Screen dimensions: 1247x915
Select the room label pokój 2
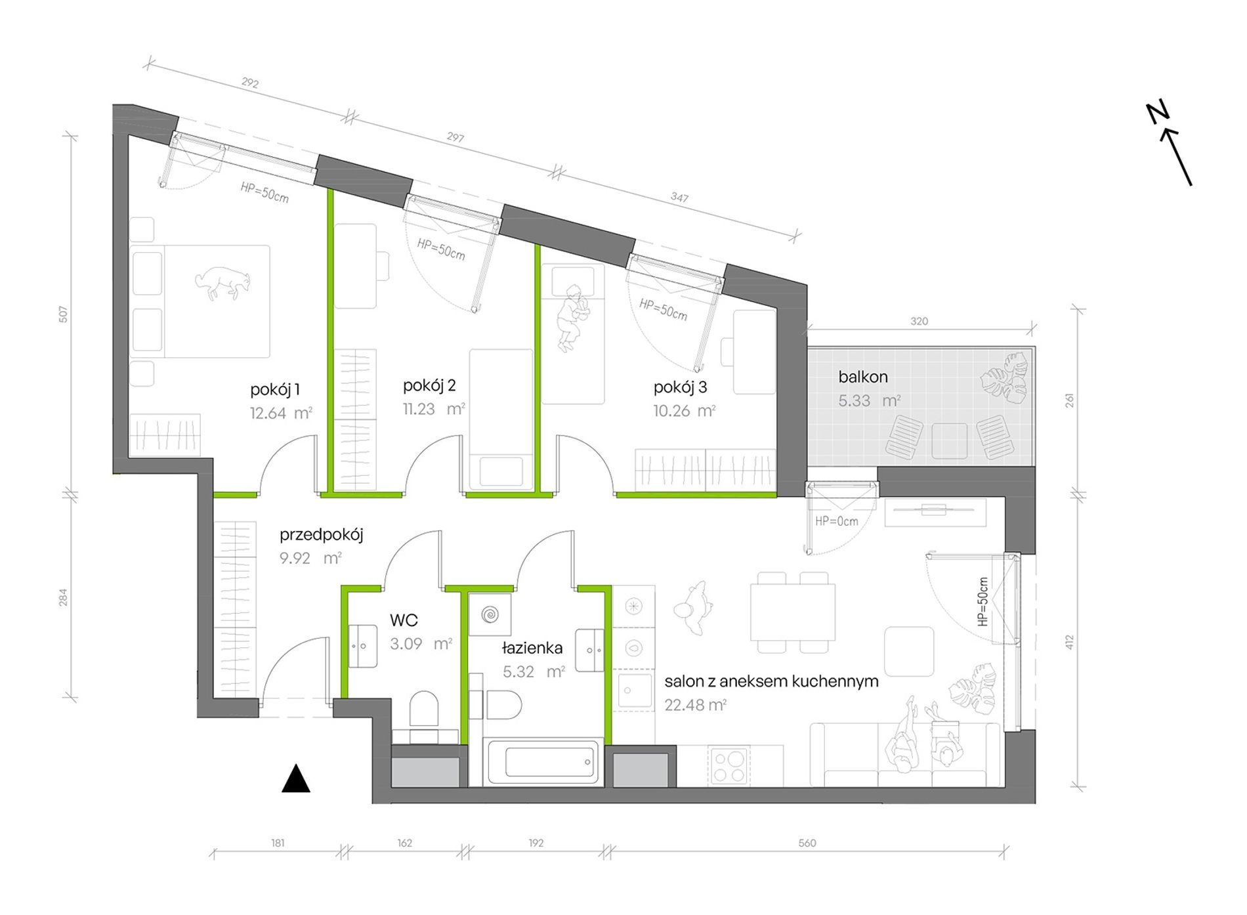coord(429,386)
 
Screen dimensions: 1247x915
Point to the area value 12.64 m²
coord(281,414)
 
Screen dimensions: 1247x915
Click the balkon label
coord(863,377)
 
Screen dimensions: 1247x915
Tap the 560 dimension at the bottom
coord(807,843)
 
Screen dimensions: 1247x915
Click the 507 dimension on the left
coord(64,314)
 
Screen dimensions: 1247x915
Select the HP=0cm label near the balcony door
coord(837,522)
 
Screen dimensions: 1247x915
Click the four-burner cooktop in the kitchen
coord(729,766)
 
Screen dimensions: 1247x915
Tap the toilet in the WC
coord(424,709)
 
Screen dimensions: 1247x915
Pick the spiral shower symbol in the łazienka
coord(490,615)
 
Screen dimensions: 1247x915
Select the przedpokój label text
coord(322,535)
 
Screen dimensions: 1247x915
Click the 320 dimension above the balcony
coord(919,322)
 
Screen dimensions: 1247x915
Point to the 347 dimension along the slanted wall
coord(680,198)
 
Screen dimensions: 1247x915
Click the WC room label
coord(404,620)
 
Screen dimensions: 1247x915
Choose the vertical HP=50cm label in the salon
coord(983,601)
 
